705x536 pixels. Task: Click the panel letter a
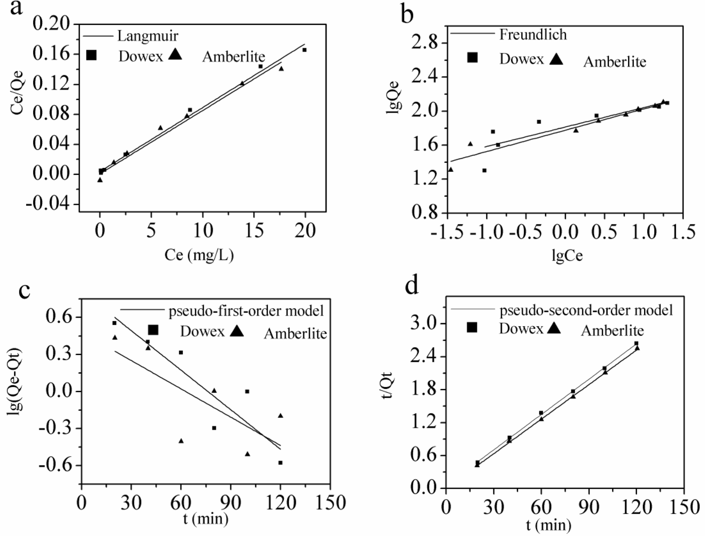point(16,8)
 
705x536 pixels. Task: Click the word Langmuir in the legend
point(148,36)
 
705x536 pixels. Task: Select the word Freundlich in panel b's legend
point(533,34)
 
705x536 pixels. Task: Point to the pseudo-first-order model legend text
point(246,311)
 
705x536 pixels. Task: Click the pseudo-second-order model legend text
point(586,310)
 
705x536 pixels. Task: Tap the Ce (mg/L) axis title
point(199,255)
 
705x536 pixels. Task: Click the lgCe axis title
point(567,255)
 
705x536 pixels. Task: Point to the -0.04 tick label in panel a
point(48,204)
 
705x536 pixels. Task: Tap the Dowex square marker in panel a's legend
point(91,55)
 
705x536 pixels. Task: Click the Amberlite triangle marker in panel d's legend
point(554,328)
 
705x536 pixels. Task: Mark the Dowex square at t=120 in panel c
point(280,463)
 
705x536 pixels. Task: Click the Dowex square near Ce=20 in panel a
point(304,50)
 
